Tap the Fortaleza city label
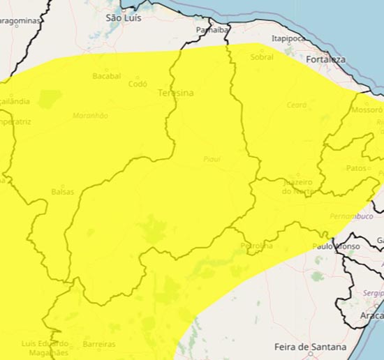tap(325, 60)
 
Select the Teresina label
tap(175, 92)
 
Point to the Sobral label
tap(262, 57)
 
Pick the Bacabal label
tap(106, 75)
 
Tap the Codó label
tap(138, 84)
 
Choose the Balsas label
tap(62, 191)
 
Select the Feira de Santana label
tap(310, 347)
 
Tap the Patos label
tap(356, 168)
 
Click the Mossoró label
tap(367, 110)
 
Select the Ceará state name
tap(296, 105)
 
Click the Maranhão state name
tap(90, 116)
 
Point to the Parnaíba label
tap(212, 30)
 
